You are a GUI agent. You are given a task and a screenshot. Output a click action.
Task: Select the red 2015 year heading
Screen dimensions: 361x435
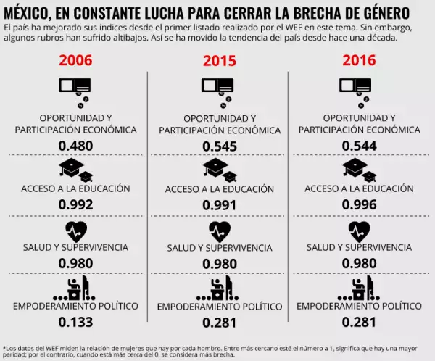(220, 62)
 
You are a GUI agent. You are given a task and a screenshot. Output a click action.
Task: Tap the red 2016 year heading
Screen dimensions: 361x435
(360, 62)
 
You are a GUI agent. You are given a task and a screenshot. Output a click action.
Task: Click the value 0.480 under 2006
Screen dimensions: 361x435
(75, 146)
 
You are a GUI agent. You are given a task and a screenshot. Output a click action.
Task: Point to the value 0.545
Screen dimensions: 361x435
(220, 146)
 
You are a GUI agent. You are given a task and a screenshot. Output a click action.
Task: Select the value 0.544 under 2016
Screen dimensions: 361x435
(360, 146)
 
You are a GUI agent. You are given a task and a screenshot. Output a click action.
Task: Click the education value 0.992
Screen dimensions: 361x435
(75, 204)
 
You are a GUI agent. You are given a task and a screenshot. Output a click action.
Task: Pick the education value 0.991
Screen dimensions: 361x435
(220, 204)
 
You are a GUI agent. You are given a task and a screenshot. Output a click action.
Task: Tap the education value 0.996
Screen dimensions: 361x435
(360, 204)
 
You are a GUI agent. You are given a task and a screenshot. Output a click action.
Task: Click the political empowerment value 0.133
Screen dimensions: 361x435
(75, 321)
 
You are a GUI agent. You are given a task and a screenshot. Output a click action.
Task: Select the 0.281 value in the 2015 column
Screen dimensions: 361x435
(220, 322)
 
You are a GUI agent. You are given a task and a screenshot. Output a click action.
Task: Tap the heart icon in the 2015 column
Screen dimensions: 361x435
(220, 231)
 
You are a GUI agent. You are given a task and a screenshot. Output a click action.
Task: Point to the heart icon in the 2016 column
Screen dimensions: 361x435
(360, 231)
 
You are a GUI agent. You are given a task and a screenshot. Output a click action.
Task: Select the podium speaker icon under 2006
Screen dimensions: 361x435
(75, 289)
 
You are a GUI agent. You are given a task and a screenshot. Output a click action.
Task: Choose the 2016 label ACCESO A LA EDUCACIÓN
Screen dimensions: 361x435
(360, 188)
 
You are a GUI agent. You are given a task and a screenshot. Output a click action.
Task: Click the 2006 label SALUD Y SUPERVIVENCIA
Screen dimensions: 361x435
(75, 247)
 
